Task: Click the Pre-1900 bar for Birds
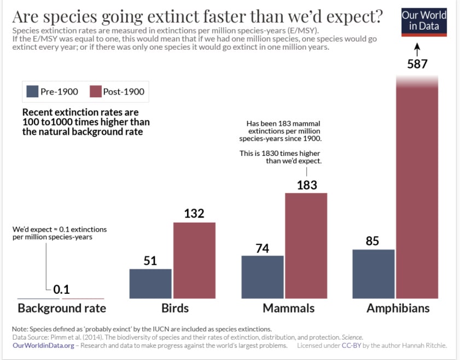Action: pyautogui.click(x=150, y=283)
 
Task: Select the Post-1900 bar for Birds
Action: pyautogui.click(x=194, y=260)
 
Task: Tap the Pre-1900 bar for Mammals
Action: pyautogui.click(x=263, y=277)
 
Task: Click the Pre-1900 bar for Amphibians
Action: pyautogui.click(x=374, y=274)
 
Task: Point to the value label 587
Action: pyautogui.click(x=417, y=65)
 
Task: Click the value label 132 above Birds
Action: pyautogui.click(x=194, y=213)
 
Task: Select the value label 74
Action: pyautogui.click(x=263, y=248)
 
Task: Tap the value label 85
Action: pyautogui.click(x=372, y=241)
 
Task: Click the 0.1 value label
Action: pyautogui.click(x=62, y=290)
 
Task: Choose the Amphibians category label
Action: pyautogui.click(x=398, y=308)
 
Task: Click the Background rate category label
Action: pyautogui.click(x=62, y=308)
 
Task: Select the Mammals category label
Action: pyautogui.click(x=289, y=308)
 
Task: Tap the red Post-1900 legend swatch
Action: pyautogui.click(x=95, y=91)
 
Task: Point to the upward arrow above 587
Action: pyautogui.click(x=417, y=50)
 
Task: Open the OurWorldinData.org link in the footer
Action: pyautogui.click(x=43, y=345)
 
